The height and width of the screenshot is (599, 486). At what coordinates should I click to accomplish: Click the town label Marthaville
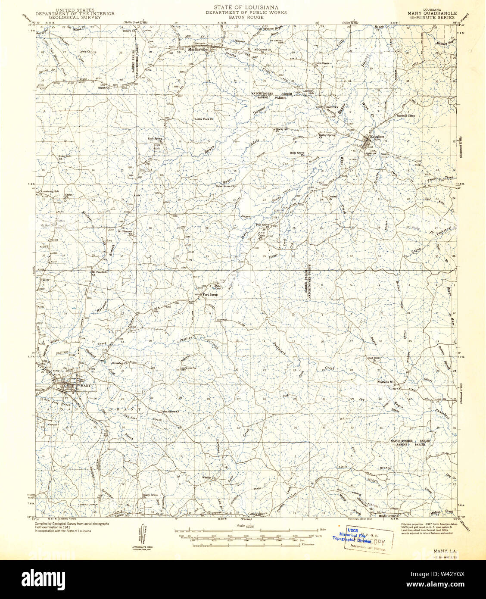[197, 49]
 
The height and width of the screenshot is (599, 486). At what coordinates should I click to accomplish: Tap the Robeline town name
[375, 134]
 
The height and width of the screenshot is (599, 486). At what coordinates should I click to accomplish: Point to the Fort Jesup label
[210, 295]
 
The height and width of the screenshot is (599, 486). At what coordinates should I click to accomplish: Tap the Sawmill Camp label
[405, 115]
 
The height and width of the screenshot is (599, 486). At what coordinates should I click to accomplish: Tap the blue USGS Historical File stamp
[352, 536]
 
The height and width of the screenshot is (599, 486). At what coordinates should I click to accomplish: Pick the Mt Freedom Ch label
[99, 273]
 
